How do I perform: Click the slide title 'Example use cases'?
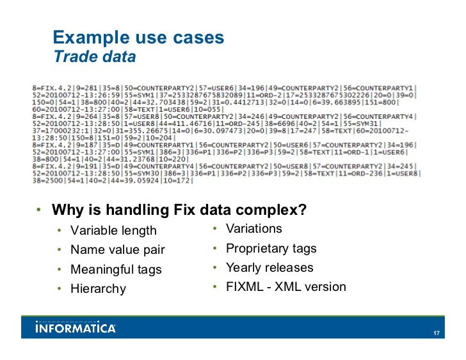[138, 38]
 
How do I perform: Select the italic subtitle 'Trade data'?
[94, 57]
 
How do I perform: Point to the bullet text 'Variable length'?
[113, 230]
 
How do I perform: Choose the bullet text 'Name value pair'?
[118, 250]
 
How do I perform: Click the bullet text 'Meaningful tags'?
[116, 269]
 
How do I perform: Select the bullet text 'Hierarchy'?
[98, 289]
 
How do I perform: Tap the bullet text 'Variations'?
[254, 228]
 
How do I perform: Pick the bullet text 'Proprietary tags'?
[271, 248]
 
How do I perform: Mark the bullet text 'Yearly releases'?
[269, 267]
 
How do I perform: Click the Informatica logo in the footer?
[76, 328]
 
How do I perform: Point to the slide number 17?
[436, 333]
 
